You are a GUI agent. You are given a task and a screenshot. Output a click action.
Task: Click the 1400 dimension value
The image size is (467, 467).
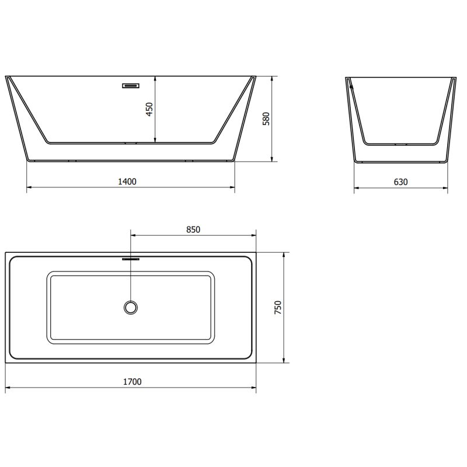click(127, 182)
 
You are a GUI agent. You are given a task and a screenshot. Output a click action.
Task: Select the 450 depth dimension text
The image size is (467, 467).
click(149, 109)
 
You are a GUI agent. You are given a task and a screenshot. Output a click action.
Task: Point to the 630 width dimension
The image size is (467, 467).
click(400, 182)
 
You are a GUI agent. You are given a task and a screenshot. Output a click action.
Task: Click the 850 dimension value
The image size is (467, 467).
click(193, 229)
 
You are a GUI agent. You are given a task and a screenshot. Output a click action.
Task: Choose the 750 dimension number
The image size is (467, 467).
click(278, 308)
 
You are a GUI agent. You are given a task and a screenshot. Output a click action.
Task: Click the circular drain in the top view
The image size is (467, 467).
click(130, 307)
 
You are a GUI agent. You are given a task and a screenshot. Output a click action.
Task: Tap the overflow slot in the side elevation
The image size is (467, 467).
click(130, 86)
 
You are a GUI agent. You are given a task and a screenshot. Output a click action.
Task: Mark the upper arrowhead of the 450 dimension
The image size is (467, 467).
click(155, 79)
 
